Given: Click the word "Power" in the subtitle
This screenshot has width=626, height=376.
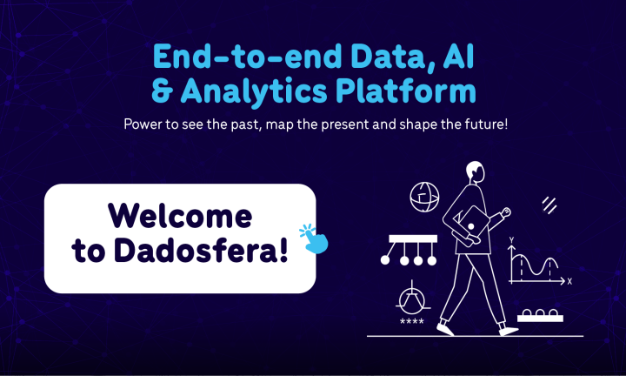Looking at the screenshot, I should coord(142,124).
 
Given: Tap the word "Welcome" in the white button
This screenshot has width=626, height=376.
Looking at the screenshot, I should coord(180,216).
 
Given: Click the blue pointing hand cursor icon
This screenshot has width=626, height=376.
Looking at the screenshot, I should coord(315,237).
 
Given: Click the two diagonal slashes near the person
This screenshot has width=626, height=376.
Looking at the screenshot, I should coord(549,205).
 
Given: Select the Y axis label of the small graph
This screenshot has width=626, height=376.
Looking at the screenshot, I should coord(512,238).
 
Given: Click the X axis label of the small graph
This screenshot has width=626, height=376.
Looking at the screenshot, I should coord(569,281).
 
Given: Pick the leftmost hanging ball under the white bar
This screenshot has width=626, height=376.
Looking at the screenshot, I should coord(385,259).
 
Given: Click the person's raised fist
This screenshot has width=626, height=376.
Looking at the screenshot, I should coord(505,211).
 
